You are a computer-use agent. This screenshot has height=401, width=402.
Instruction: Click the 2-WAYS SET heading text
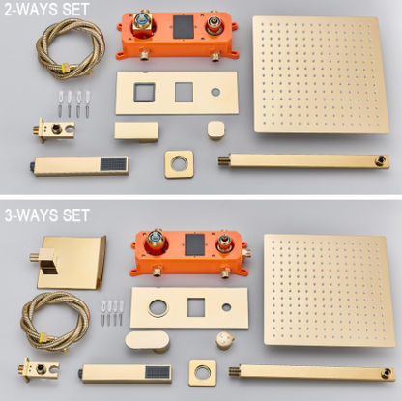point(46,10)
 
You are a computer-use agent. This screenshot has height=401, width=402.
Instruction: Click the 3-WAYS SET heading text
point(46,215)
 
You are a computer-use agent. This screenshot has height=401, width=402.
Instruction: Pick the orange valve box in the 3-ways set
point(190,253)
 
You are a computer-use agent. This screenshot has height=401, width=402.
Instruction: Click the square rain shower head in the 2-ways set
point(321,74)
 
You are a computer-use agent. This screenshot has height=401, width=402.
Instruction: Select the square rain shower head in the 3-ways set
point(330,290)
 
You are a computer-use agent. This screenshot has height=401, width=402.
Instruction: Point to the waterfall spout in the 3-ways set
point(72,262)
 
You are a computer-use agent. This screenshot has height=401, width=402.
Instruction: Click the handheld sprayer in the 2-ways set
point(80,166)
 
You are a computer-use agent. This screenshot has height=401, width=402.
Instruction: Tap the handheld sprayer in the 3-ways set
point(125,374)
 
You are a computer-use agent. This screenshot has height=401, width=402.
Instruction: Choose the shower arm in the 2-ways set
point(303,161)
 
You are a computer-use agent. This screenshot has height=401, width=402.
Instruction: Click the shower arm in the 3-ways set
point(312,373)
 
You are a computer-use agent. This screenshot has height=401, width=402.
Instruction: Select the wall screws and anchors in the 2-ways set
point(73,103)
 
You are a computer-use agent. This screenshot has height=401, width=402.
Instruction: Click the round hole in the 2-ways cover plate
point(215,92)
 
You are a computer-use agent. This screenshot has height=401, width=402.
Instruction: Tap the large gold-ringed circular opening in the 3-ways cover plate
point(158,308)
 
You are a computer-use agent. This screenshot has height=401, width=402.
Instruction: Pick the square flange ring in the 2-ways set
point(179,164)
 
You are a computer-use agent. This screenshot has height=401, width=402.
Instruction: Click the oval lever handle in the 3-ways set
point(147,341)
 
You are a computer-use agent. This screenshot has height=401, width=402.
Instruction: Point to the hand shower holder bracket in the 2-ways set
point(54,130)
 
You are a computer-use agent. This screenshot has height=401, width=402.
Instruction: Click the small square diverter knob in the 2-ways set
point(215,130)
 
